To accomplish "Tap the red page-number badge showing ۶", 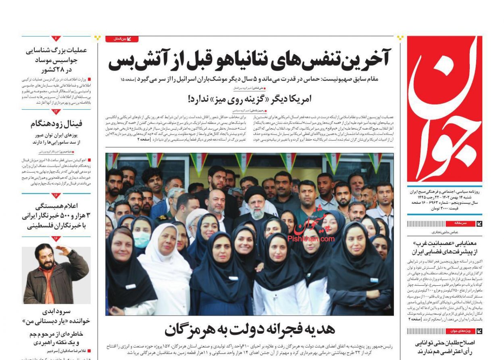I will click(x=56, y=39).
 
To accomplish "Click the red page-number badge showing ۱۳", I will click(x=56, y=111).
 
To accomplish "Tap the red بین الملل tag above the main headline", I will click(x=122, y=39).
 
